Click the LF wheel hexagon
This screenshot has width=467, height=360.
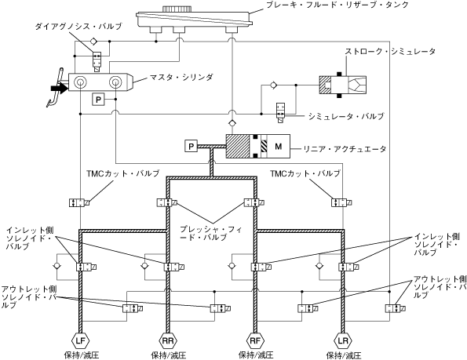(x=80, y=340)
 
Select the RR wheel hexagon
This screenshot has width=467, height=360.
(x=168, y=340)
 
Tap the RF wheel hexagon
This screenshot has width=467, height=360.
(x=255, y=340)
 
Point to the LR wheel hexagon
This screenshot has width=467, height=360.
(x=343, y=340)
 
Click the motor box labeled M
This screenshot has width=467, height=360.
(x=278, y=147)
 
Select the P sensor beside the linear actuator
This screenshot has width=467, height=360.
(x=192, y=146)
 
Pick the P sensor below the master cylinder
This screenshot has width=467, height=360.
(x=99, y=100)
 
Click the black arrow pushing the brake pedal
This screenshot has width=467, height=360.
(x=60, y=88)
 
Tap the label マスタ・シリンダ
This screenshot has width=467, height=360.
(x=181, y=78)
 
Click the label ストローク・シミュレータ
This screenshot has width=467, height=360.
(x=390, y=51)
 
